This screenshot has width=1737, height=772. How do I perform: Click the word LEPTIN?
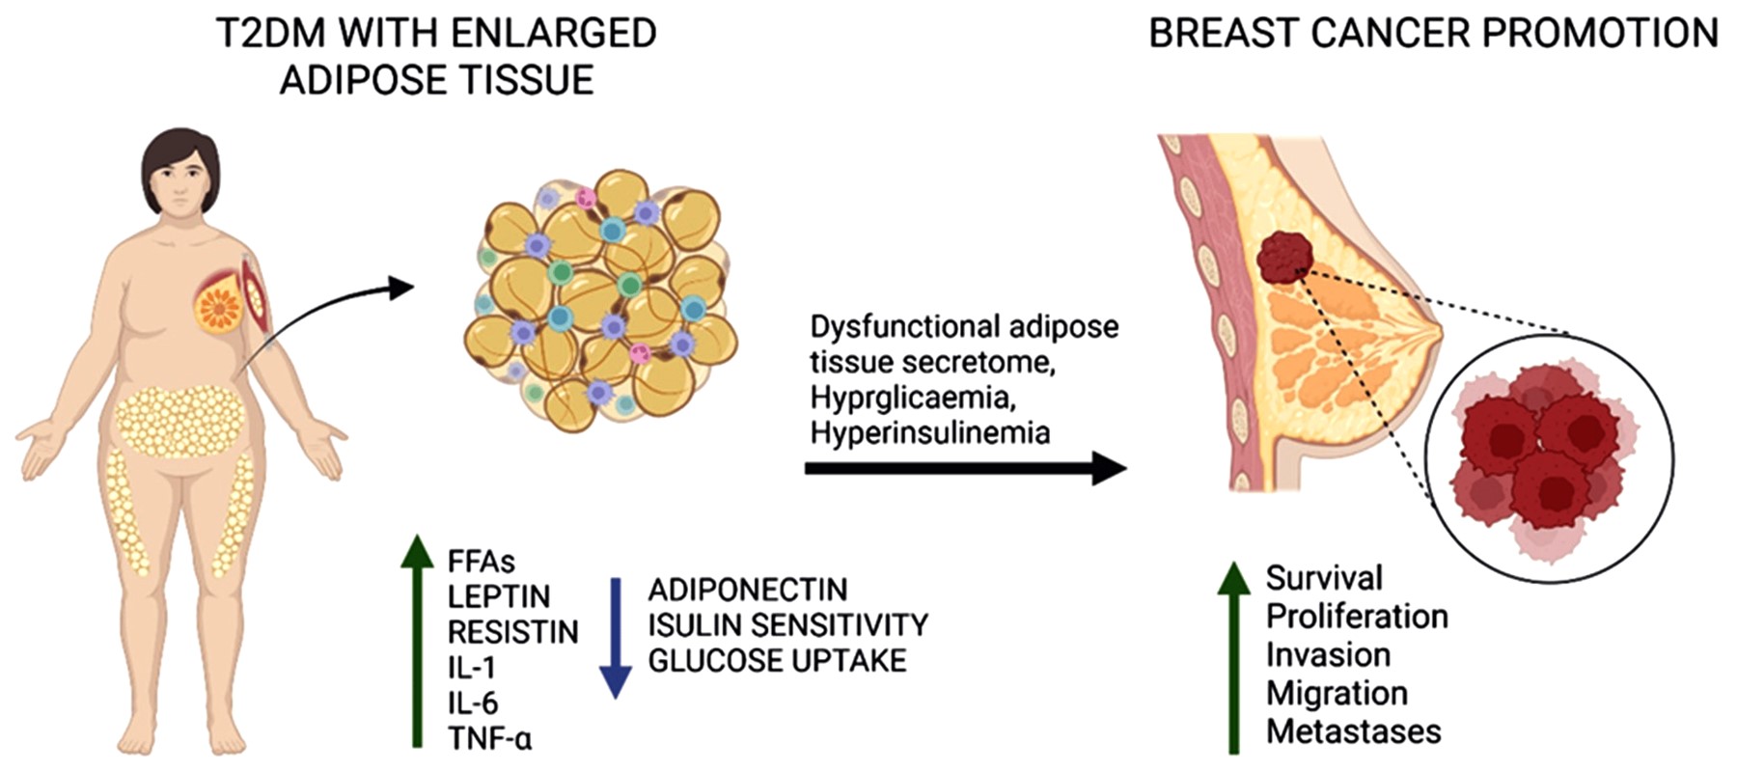(x=499, y=596)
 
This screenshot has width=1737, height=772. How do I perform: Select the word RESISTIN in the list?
(x=512, y=632)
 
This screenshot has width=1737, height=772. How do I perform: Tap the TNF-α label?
(x=489, y=739)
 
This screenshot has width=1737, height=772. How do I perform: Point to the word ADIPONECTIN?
(x=748, y=590)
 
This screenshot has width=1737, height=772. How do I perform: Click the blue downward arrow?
(x=616, y=638)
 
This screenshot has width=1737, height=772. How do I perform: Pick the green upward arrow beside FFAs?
(x=417, y=641)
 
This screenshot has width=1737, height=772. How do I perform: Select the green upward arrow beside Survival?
(x=1233, y=656)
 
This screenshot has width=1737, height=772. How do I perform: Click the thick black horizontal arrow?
(x=966, y=469)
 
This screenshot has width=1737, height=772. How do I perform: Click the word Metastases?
(x=1353, y=731)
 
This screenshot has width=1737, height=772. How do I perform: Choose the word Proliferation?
(x=1357, y=617)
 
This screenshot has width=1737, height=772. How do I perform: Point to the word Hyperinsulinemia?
(x=930, y=432)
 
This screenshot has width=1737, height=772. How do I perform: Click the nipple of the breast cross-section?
(x=1437, y=328)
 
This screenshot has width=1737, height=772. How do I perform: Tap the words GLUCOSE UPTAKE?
(x=777, y=661)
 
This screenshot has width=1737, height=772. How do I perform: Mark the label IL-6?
(x=473, y=703)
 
